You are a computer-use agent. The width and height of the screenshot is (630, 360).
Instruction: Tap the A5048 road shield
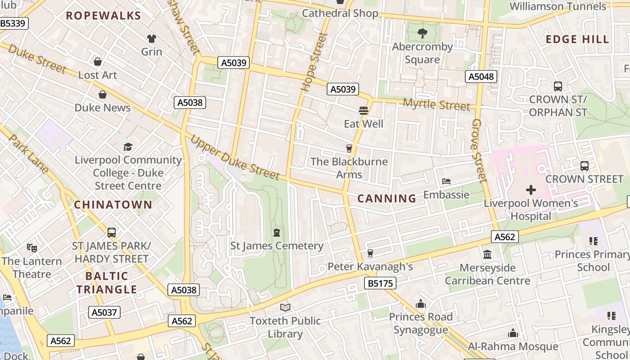click(481, 76)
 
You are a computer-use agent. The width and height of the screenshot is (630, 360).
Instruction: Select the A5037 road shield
click(104, 312)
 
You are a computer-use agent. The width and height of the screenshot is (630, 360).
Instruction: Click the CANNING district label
click(387, 198)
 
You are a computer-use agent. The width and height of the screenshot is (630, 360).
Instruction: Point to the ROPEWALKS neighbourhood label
click(103, 16)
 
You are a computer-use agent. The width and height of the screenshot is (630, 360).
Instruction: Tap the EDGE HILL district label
click(577, 39)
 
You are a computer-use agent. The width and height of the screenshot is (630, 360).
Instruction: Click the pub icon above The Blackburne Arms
click(349, 148)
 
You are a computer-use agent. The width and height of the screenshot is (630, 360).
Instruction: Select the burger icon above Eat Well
click(364, 110)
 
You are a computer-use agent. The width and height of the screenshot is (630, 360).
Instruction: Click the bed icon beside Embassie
click(446, 181)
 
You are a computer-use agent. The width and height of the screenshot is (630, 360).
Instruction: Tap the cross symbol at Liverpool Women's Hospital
click(531, 190)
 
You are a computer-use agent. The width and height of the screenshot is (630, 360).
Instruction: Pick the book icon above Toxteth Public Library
click(285, 307)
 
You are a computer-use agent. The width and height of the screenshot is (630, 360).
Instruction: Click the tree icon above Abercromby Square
click(422, 33)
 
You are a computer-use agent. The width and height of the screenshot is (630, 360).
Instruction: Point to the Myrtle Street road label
click(436, 105)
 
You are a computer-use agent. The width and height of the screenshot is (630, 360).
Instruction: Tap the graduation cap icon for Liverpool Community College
click(128, 147)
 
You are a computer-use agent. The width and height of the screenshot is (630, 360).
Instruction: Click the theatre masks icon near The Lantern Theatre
click(31, 247)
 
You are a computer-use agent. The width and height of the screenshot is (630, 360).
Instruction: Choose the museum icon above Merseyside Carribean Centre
click(487, 255)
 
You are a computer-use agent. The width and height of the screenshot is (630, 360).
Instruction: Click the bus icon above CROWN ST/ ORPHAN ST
click(558, 86)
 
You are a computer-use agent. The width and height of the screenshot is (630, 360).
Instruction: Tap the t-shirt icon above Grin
click(152, 38)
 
